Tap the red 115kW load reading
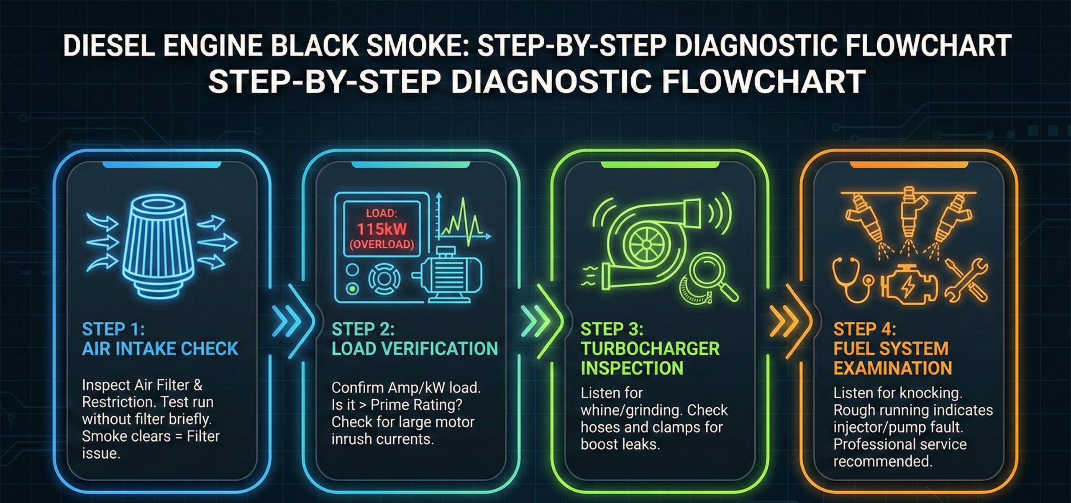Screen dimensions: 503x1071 [x=382, y=229]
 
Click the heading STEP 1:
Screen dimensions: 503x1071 [x=113, y=329]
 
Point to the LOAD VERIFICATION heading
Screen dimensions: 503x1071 [x=415, y=349]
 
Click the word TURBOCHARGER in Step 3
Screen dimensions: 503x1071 [x=650, y=349]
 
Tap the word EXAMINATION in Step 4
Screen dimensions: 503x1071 [x=892, y=368]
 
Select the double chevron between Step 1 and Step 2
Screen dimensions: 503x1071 [x=287, y=322]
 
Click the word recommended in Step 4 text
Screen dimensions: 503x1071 [x=883, y=462]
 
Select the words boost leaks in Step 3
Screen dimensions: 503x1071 [x=620, y=444]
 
